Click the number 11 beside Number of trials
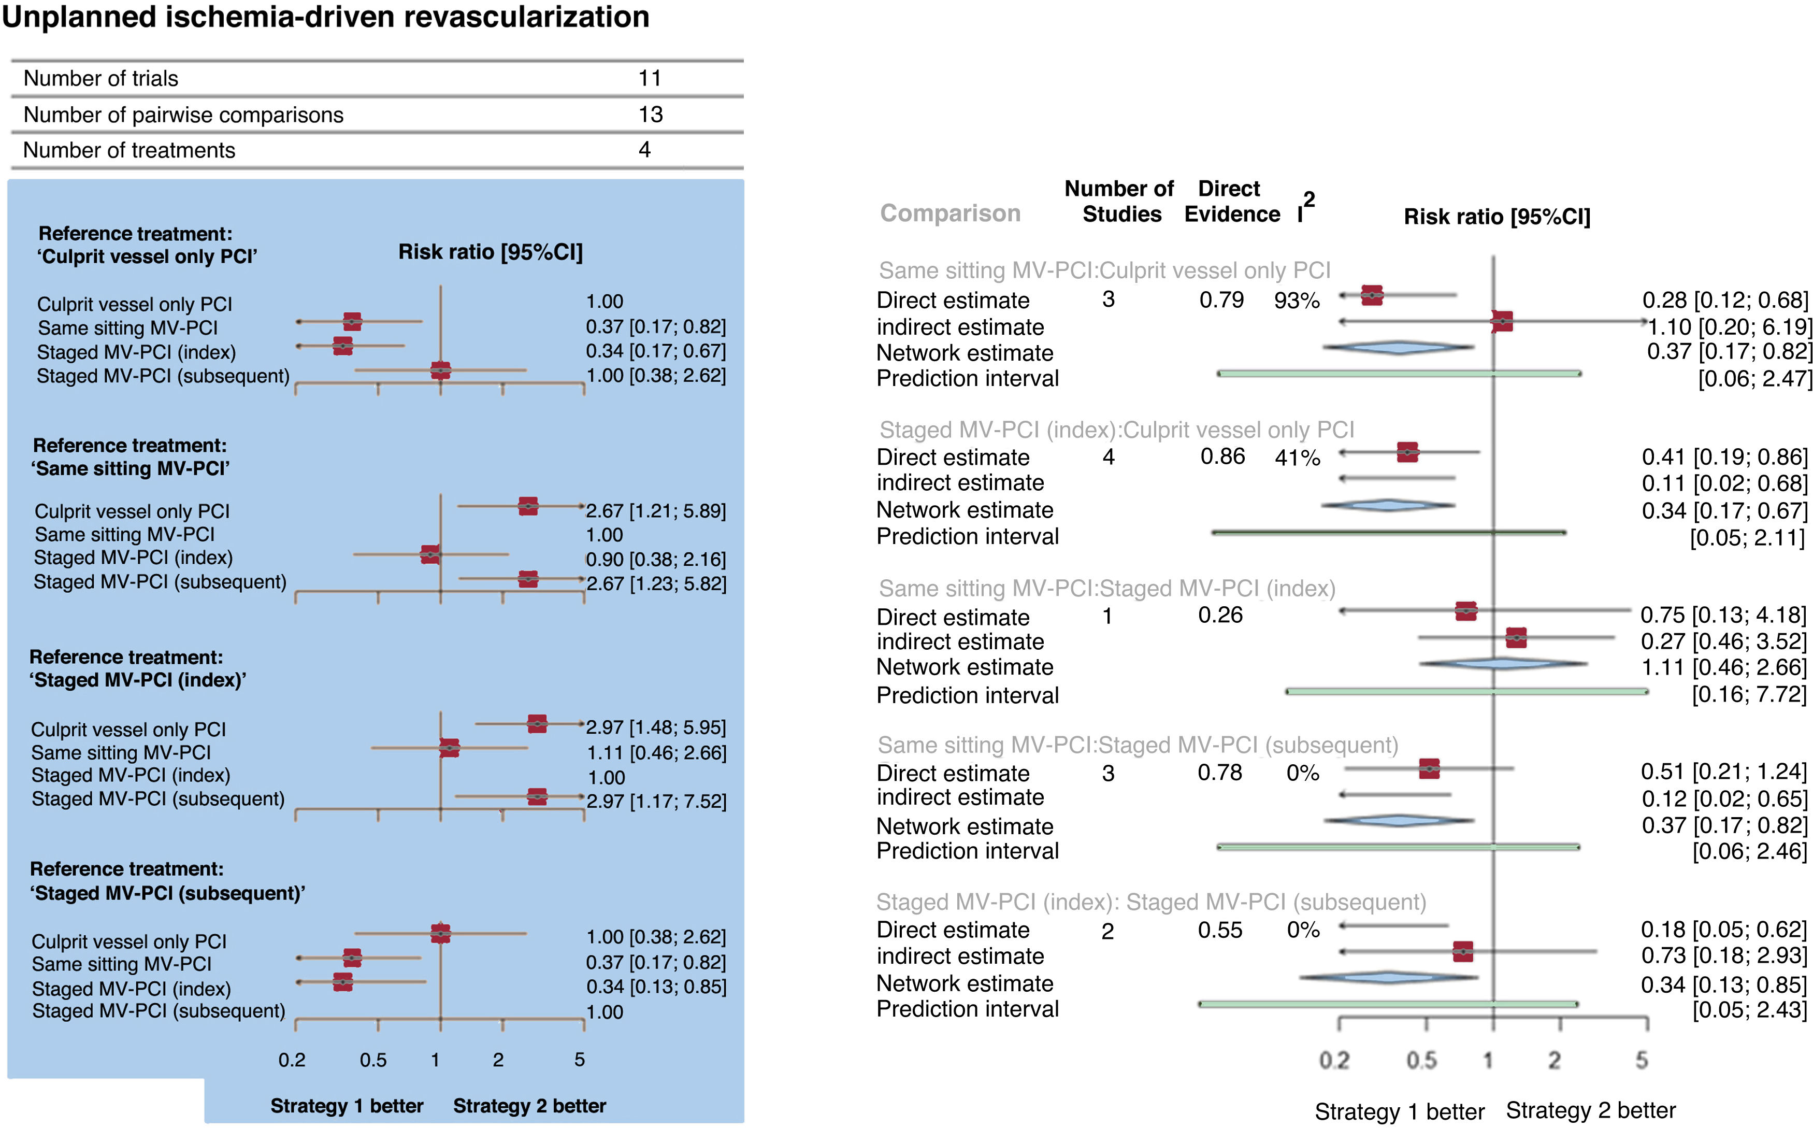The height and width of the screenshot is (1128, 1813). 650,78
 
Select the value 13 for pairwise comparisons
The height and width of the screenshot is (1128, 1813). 650,114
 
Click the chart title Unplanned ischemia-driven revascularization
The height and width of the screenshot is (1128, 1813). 325,17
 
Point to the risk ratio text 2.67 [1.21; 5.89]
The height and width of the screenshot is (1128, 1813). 656,511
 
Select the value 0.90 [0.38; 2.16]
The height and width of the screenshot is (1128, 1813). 656,559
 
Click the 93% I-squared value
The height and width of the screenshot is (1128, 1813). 1297,301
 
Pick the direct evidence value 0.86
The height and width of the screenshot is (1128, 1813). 1222,456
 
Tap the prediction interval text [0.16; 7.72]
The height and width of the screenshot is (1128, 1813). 1749,694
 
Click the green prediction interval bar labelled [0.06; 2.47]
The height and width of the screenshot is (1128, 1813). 1399,373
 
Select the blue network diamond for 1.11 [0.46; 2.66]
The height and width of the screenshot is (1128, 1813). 1502,663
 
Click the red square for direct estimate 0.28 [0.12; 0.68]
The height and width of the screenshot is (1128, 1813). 1372,295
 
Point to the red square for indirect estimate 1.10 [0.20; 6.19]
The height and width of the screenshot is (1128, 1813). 1502,322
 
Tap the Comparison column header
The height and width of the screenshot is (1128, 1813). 950,213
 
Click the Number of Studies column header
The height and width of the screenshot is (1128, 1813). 1120,202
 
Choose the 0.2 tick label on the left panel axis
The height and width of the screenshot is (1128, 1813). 292,1060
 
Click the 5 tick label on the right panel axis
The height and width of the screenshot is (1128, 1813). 1642,1060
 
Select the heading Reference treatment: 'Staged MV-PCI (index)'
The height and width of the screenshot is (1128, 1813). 137,668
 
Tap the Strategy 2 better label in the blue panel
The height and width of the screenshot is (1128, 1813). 529,1106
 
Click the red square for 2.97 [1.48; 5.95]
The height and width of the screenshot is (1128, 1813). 537,724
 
